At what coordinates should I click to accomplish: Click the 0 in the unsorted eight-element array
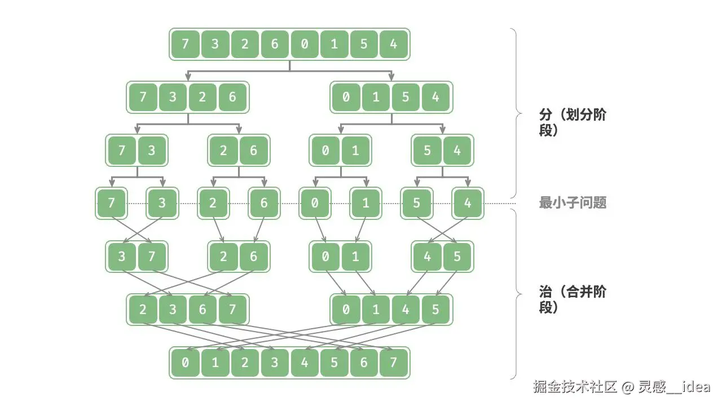[x=305, y=44]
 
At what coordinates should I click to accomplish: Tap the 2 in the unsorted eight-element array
[x=245, y=44]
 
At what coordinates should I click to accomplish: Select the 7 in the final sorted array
[x=394, y=363]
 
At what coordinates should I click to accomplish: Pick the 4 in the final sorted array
[x=305, y=363]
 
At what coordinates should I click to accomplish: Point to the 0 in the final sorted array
[x=185, y=363]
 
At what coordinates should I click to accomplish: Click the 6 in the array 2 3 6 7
[x=202, y=310]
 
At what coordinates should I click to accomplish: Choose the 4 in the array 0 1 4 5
[x=406, y=310]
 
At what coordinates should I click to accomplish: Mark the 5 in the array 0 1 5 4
[x=406, y=97]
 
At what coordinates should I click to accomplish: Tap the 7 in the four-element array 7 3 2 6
[x=143, y=97]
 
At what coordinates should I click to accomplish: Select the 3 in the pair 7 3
[x=151, y=150]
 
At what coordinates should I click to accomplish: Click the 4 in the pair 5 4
[x=457, y=150]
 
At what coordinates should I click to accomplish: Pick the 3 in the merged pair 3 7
[x=122, y=257]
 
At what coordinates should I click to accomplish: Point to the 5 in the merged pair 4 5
[x=457, y=257]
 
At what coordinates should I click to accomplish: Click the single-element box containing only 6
[x=264, y=203]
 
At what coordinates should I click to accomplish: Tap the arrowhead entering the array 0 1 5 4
[x=391, y=78]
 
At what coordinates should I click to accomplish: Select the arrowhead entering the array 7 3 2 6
[x=188, y=78]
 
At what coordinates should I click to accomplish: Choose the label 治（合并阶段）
[x=573, y=299]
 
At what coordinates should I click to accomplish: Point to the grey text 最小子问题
[x=573, y=203]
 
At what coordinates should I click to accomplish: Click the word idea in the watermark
[x=696, y=387]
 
